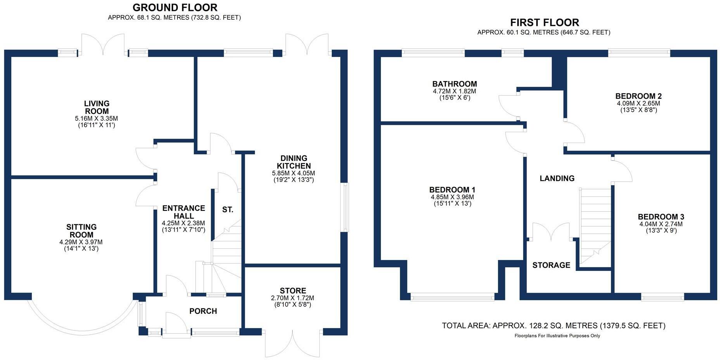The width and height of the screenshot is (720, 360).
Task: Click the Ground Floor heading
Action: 175,7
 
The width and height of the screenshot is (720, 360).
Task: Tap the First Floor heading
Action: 544,22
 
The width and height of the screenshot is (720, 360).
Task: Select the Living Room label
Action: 97,107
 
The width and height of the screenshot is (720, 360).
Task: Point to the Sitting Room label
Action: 81,231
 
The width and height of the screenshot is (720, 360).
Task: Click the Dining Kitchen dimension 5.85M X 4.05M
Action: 294,173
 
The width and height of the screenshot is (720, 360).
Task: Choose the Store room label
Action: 293,291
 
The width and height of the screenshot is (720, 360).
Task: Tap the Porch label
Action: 203,311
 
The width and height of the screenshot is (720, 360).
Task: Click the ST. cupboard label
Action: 228,210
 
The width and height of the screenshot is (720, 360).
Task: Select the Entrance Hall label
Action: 184,212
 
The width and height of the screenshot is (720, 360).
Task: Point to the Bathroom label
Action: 455,84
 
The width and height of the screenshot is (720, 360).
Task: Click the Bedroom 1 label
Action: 452,190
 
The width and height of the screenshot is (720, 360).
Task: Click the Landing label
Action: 557,178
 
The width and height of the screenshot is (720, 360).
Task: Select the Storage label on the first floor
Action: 551,265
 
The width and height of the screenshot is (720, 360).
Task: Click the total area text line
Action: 554,326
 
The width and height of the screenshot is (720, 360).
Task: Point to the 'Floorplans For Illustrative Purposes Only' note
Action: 557,336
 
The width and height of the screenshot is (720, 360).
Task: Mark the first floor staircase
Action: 595,227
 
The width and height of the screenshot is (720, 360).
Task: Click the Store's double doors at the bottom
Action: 293,343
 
